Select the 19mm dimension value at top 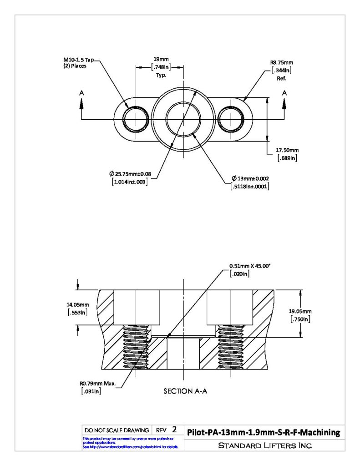161,59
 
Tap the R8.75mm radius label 282,62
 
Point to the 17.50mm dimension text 287,150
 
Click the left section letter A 81,93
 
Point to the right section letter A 284,93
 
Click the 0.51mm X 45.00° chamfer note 250,266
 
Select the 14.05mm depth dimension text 77,305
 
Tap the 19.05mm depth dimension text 300,311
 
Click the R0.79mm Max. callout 97,383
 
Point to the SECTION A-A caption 185,391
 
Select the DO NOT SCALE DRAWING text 117,430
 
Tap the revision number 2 174,430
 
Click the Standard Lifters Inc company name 265,446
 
